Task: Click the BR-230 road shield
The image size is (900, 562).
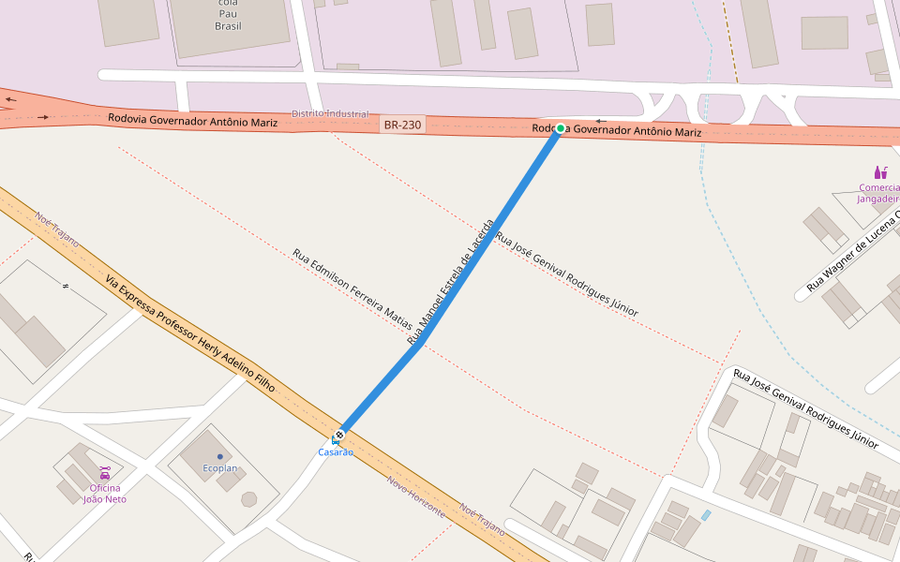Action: point(402,124)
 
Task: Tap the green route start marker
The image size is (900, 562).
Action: point(560,128)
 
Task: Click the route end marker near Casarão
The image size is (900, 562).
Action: point(339,435)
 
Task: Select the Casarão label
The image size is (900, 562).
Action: point(336,452)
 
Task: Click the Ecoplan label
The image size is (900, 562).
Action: point(220,467)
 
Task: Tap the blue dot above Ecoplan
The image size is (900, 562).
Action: point(220,457)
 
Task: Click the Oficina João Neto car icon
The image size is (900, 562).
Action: point(105,473)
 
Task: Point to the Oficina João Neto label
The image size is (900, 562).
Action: point(105,494)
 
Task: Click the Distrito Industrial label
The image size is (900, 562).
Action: point(330,113)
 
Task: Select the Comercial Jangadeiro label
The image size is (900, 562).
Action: point(878,192)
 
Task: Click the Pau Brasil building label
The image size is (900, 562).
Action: point(228,14)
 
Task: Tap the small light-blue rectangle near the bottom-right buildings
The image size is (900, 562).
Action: point(705,515)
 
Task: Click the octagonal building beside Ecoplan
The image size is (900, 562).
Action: point(248,498)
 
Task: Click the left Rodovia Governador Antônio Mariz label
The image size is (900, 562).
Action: point(192,120)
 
